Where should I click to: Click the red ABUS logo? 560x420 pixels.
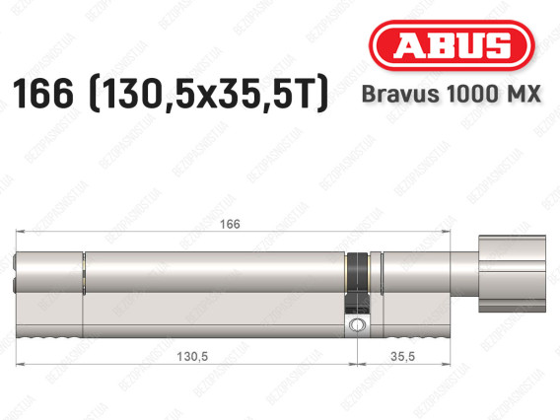452,45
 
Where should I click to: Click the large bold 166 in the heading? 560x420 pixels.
42,93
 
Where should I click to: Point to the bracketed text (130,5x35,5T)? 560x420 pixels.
208,94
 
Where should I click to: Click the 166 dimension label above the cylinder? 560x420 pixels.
230,224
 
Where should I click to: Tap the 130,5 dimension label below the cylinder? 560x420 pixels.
192,357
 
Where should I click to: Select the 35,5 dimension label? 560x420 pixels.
402,357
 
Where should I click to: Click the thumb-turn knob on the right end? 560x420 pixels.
512,273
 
